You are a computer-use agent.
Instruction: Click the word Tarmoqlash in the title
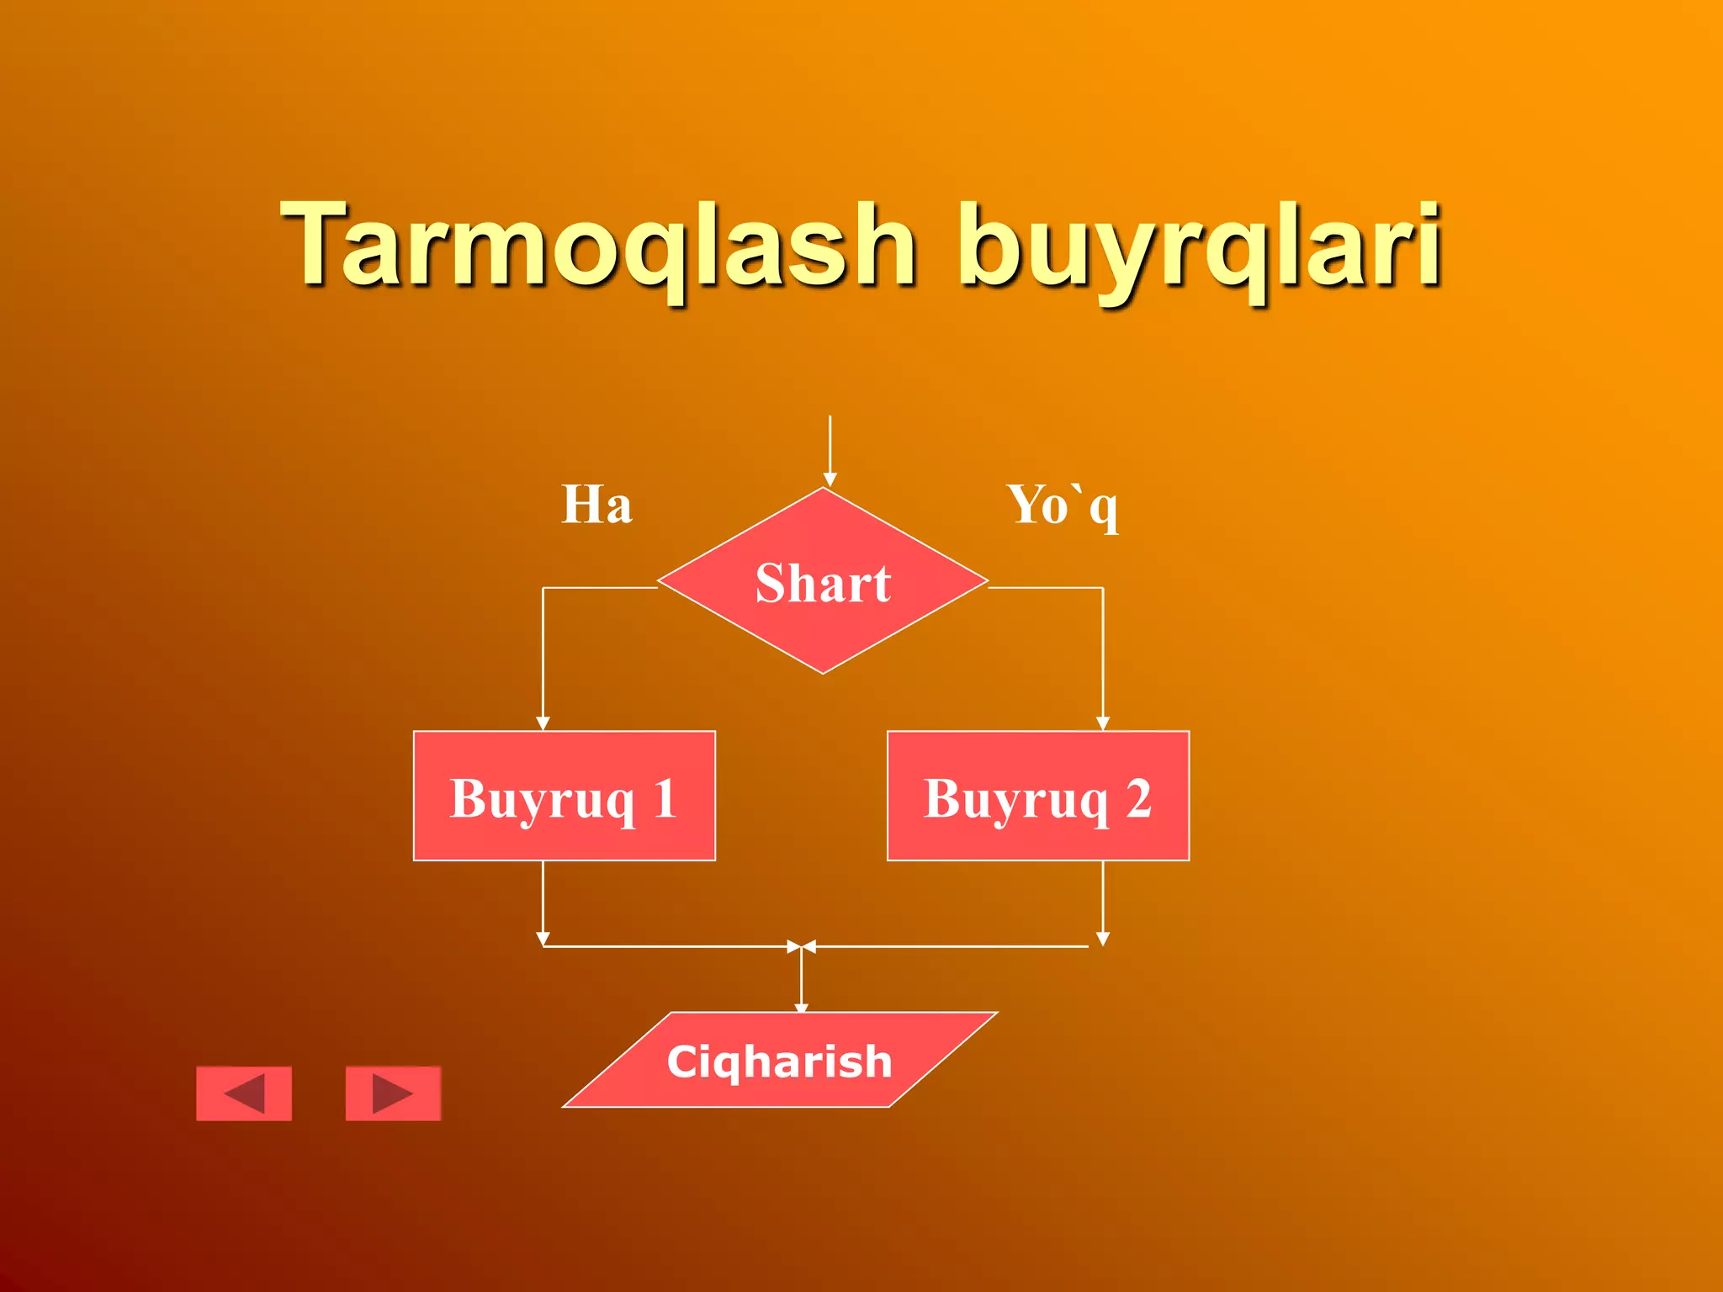[x=597, y=246]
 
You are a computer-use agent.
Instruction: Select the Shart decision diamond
[x=823, y=582]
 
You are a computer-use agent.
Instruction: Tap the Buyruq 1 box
[x=564, y=796]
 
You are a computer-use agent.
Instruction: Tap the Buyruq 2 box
[x=1038, y=796]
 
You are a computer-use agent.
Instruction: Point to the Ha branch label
[x=596, y=505]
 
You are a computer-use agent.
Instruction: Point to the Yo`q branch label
[x=1063, y=506]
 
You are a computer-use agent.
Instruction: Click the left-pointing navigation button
[x=244, y=1093]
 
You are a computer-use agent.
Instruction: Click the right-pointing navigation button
[x=393, y=1093]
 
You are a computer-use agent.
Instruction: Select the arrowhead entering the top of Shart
[x=830, y=479]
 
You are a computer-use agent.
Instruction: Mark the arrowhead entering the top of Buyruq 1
[x=543, y=723]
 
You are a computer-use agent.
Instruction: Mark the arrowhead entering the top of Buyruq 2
[x=1103, y=723]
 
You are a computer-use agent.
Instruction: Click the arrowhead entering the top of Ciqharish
[x=801, y=1007]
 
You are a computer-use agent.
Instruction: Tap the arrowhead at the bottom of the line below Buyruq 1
[x=543, y=939]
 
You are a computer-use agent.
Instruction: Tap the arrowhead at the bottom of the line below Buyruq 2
[x=1103, y=939]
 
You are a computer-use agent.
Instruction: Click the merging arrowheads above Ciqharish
[x=801, y=947]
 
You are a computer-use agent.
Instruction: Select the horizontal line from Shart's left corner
[x=600, y=587]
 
